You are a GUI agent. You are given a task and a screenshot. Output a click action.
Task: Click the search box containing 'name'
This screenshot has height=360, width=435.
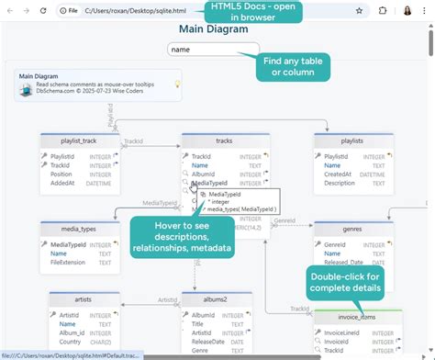(213, 50)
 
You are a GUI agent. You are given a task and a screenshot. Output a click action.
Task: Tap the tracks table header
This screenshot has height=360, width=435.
(224, 141)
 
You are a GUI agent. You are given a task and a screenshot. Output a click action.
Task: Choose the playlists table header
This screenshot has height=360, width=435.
(352, 141)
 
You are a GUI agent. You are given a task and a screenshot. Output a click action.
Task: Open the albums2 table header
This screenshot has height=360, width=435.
(216, 300)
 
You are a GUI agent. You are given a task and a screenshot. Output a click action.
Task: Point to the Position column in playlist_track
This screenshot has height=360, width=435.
(62, 174)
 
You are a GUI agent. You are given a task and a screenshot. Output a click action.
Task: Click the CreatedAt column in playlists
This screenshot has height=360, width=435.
(340, 174)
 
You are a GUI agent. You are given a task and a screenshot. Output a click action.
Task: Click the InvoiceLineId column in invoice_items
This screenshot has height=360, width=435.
(349, 332)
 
